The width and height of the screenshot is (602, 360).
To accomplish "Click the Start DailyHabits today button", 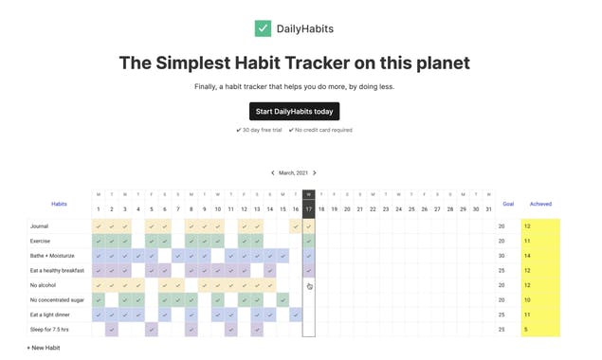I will pos(294,111).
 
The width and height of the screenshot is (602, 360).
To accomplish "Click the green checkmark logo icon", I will pos(263,28).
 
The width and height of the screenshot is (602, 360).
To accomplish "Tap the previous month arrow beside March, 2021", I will pos(273,173).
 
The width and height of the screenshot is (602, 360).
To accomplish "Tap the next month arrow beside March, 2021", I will pos(315,173).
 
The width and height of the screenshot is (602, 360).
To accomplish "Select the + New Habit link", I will pos(44,348).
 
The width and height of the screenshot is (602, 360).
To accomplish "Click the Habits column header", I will pos(59,204).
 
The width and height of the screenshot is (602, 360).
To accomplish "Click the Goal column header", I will pos(508,204).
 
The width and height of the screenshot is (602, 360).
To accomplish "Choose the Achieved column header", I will pos(540,204).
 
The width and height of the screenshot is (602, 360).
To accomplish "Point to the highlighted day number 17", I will pos(309,209).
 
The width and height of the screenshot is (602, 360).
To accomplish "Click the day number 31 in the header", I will pos(488,209).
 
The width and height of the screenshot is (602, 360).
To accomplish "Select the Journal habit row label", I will pos(39,226).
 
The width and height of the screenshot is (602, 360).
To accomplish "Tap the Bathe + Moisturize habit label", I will pos(51,256).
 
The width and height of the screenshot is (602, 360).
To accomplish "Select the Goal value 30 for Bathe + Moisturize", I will pos(502,256).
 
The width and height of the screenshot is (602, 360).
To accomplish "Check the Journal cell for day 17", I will pos(309,226).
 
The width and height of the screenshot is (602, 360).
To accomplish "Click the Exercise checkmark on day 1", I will pos(99,241).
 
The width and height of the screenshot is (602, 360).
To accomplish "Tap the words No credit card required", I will pos(323,130).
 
